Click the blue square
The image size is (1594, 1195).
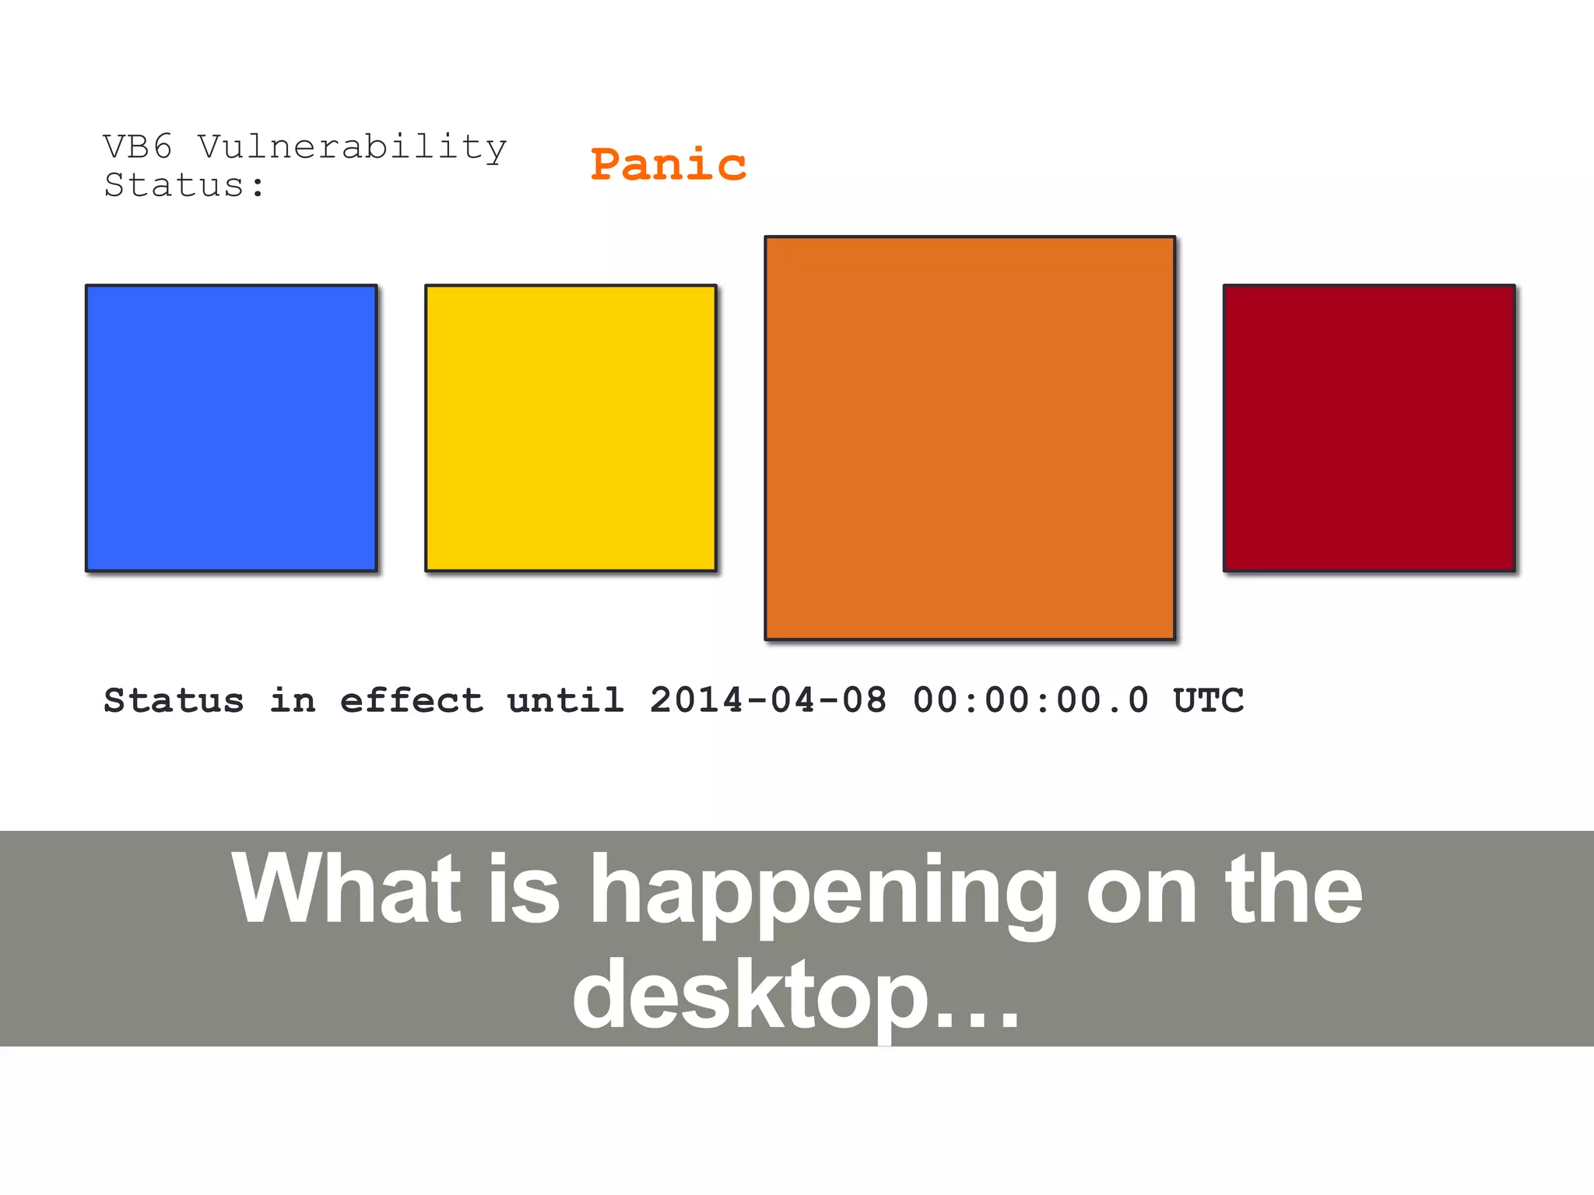231,428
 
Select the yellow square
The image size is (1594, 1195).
571,428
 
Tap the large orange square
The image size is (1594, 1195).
970,438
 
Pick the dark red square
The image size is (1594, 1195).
1369,428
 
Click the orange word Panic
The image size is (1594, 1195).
668,165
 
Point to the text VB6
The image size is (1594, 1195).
138,146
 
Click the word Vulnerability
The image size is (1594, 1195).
352,148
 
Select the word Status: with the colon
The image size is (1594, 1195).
184,185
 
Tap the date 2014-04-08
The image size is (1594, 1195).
768,700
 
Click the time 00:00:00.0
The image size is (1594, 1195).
1030,700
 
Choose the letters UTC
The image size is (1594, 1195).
1208,700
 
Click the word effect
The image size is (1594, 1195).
412,700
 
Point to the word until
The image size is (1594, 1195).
566,700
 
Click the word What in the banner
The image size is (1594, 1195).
347,888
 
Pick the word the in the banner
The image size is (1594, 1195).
1293,888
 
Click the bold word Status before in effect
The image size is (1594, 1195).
174,700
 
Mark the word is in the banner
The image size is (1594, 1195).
524,888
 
